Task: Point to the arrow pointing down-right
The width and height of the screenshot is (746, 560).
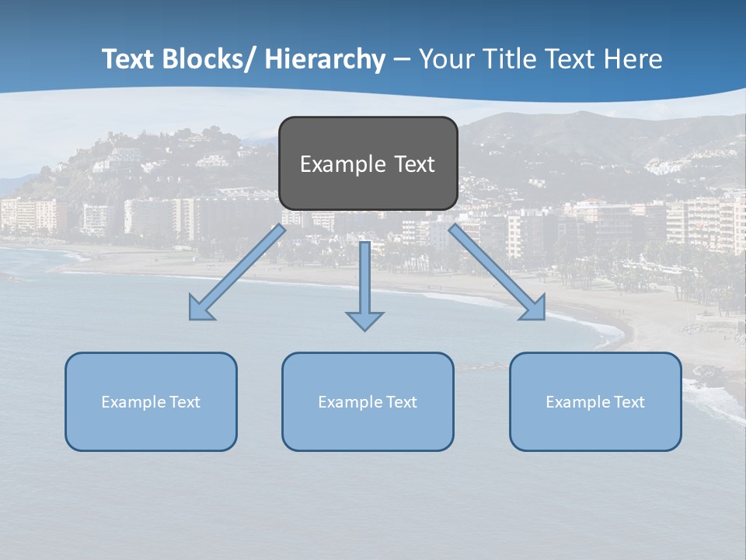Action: point(497,272)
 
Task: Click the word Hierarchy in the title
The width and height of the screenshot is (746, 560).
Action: point(325,59)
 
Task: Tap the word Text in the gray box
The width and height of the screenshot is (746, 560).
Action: point(415,164)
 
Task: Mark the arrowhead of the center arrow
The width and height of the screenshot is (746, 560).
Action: point(364,320)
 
